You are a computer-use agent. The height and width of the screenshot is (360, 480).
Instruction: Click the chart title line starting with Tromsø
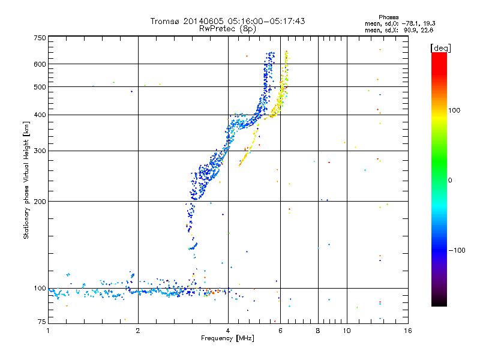pyautogui.click(x=227, y=21)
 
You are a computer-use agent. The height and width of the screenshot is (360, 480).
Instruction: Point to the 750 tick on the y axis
pyautogui.click(x=40, y=38)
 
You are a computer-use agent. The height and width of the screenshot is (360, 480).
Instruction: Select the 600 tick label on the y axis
pyautogui.click(x=40, y=64)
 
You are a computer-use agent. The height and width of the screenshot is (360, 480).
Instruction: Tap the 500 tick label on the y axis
pyautogui.click(x=40, y=87)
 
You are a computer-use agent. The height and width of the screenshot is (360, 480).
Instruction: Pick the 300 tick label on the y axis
pyautogui.click(x=40, y=151)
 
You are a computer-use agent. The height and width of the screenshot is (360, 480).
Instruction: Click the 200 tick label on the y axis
pyautogui.click(x=40, y=202)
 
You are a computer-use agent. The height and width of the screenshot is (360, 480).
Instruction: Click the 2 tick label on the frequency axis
pyautogui.click(x=138, y=331)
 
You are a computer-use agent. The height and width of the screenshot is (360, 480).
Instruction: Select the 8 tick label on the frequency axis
pyautogui.click(x=318, y=331)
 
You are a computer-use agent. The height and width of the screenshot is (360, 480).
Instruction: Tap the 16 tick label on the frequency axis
pyautogui.click(x=407, y=331)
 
